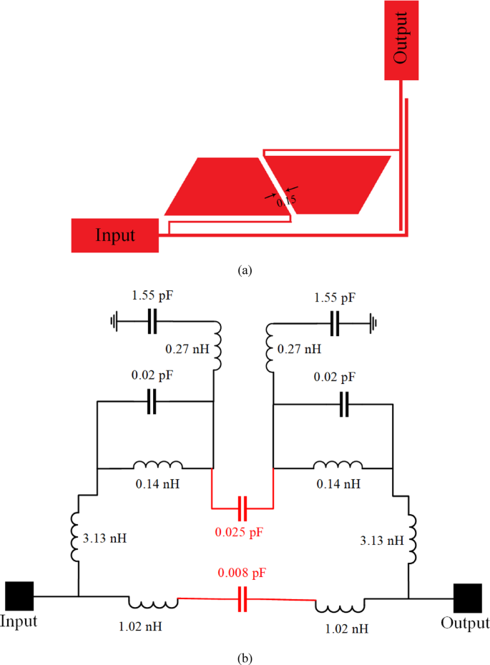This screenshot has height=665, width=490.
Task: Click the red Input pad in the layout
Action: click(x=114, y=235)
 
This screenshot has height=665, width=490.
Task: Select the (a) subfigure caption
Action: click(x=245, y=270)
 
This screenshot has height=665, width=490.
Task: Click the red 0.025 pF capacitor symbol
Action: click(x=243, y=508)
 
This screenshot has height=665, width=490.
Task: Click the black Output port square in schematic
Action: click(x=468, y=598)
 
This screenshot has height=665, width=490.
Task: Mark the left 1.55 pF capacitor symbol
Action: click(x=151, y=321)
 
